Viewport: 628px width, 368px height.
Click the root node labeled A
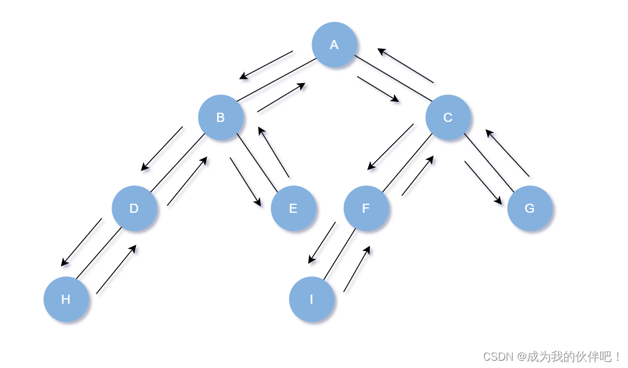coord(334,45)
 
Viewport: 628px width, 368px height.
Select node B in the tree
coord(221,118)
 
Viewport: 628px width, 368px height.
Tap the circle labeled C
coord(448,118)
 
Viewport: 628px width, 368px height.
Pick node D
coord(134,209)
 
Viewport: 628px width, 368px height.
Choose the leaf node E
coord(293,209)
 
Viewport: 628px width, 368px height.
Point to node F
coord(366,209)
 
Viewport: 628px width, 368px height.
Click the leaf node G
coord(529,209)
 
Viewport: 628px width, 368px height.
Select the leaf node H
coord(66,299)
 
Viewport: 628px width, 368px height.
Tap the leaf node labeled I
coord(312,299)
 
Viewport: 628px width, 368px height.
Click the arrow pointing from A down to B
coord(266,65)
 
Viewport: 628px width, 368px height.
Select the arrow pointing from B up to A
coord(281,98)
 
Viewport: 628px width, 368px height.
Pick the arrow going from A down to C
coord(378,89)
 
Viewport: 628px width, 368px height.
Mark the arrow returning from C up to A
coord(406,65)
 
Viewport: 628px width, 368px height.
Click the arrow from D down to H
coord(81,242)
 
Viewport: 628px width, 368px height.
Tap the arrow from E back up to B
coord(274,152)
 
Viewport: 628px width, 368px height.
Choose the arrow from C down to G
coord(483,182)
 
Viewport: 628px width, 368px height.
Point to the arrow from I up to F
coord(357,269)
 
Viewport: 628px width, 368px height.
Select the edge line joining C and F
coord(407,163)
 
